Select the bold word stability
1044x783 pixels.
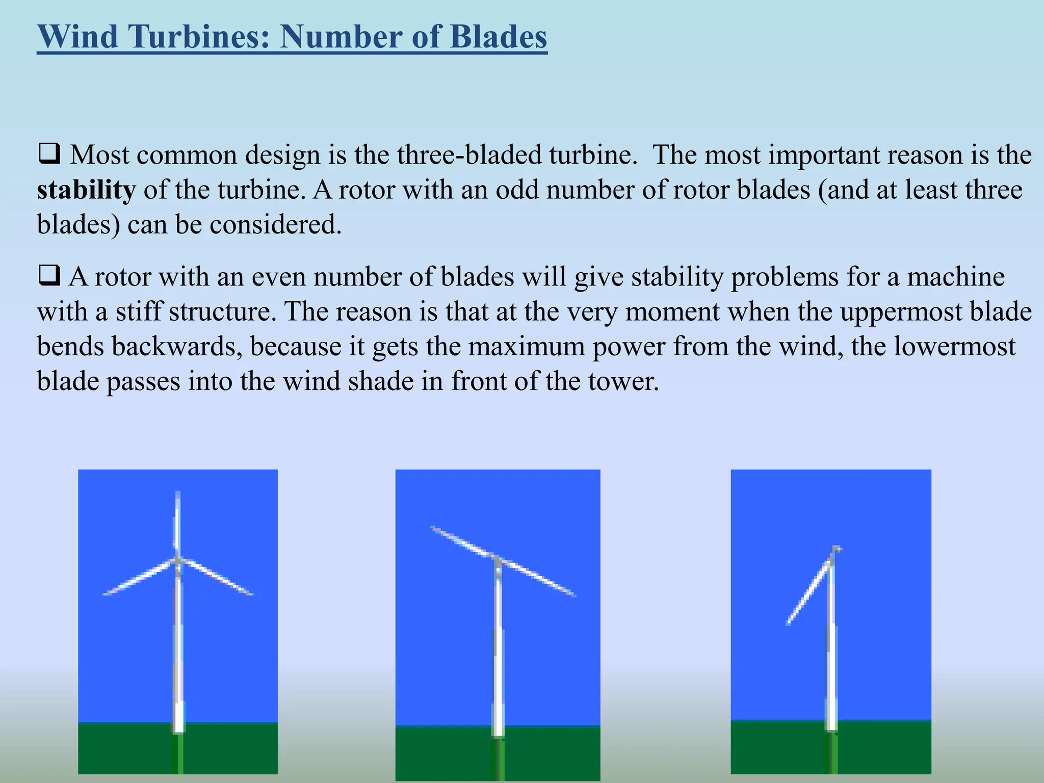point(86,190)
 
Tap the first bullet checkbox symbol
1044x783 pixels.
point(49,153)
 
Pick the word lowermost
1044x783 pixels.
point(955,346)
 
